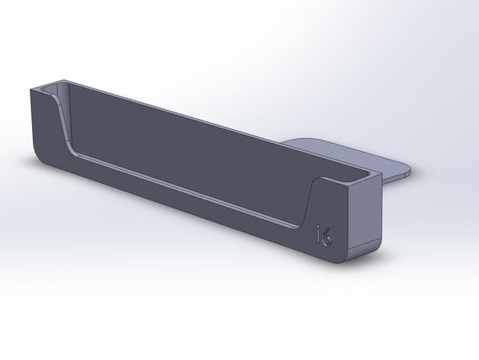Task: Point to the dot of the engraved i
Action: tap(319, 227)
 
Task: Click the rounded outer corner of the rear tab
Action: tap(407, 171)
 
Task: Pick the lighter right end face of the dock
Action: tap(365, 220)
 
